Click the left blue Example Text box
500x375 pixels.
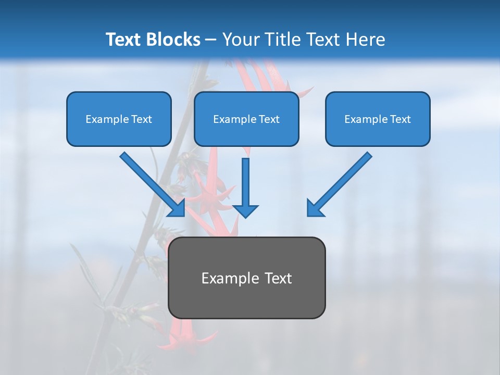(119, 119)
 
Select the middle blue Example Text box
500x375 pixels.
(246, 119)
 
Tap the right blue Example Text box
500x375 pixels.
(378, 119)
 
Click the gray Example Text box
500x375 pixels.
(246, 278)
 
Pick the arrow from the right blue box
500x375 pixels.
(341, 182)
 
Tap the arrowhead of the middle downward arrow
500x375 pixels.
(245, 210)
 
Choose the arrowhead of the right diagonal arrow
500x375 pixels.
(315, 208)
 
